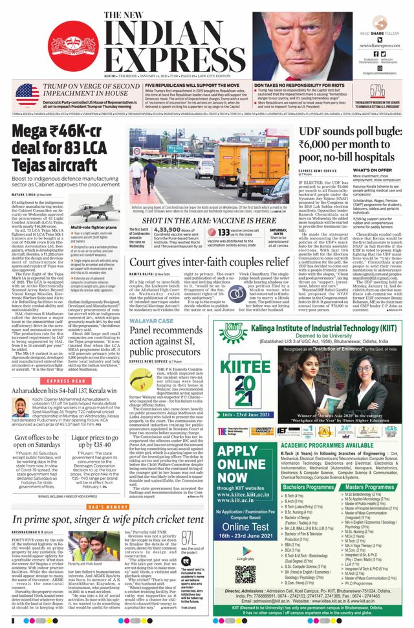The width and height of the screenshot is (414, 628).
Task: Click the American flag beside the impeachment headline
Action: point(27,95)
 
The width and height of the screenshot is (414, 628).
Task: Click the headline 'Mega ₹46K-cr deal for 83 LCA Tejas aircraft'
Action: point(61,148)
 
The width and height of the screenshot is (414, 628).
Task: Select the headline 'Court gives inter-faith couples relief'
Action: point(208,262)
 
